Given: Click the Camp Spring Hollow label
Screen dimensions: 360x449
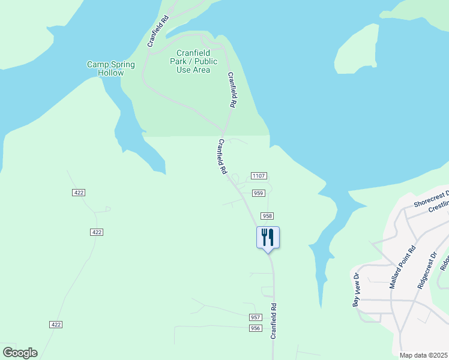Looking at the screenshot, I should tap(111, 68).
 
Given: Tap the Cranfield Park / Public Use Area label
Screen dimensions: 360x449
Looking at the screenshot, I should tap(193, 61).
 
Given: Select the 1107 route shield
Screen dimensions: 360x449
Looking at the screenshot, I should tap(259, 176).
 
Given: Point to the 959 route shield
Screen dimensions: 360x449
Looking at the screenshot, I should tap(259, 193).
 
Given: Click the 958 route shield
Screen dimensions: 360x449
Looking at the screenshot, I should tap(267, 215).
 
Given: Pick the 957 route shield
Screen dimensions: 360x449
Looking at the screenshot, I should tap(256, 317).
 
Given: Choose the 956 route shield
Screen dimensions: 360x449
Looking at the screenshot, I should tap(256, 328).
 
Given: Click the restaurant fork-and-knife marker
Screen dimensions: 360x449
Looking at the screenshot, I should tap(268, 238).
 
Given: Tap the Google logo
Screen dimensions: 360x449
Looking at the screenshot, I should tap(20, 353).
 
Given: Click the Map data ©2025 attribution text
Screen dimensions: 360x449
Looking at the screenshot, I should tap(424, 355).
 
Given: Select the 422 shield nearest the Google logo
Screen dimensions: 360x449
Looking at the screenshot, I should tap(56, 325).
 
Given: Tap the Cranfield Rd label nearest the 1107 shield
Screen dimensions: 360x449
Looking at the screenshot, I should tap(223, 157).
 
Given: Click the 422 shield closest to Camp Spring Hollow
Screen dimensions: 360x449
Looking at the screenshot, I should tap(79, 193).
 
